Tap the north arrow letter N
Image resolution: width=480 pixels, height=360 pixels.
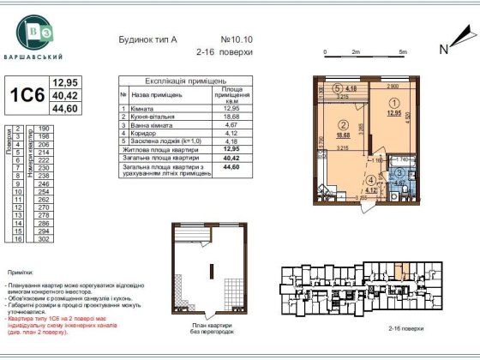pos(443,49)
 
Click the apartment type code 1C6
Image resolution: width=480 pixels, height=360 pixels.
pos(26,96)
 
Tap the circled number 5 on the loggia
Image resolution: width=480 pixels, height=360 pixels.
pos(337,86)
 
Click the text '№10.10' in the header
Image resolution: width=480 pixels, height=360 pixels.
pos(237,39)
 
